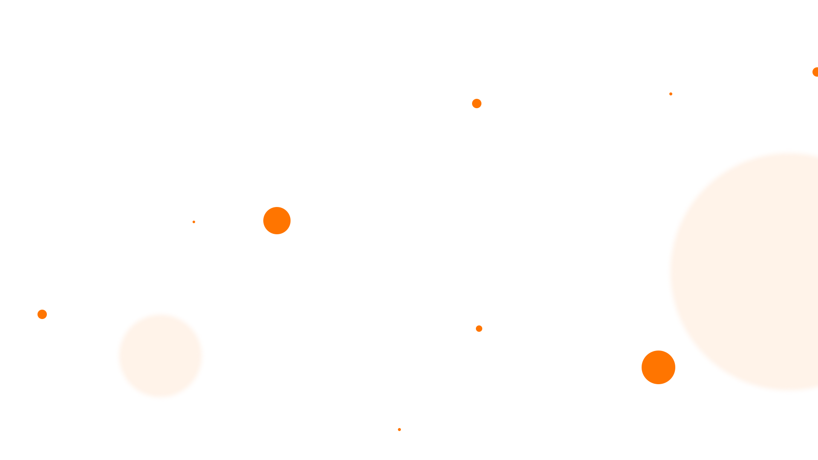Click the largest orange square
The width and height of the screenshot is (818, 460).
click(277, 220)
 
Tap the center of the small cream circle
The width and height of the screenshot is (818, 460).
click(160, 356)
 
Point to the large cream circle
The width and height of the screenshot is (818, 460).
click(767, 272)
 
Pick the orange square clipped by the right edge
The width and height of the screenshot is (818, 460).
click(815, 72)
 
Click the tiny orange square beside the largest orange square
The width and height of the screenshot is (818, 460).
click(194, 222)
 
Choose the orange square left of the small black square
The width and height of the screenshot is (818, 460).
click(42, 314)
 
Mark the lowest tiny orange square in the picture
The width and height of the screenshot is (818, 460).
click(400, 429)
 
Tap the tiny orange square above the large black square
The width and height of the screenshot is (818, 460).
click(671, 94)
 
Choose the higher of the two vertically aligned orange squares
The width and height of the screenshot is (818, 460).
click(477, 103)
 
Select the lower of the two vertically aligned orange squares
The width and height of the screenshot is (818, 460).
click(479, 328)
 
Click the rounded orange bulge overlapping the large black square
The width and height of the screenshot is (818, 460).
click(670, 367)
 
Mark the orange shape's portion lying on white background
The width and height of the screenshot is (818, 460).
click(652, 367)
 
